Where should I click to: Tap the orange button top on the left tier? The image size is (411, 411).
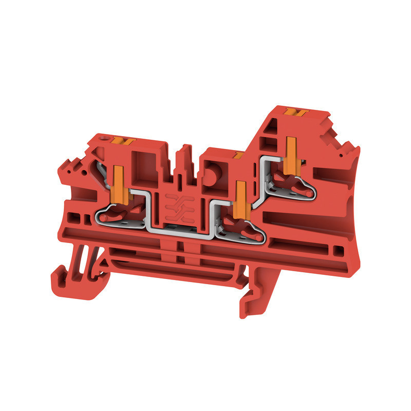click(x=123, y=141)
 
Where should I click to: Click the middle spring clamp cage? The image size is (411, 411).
click(x=241, y=226)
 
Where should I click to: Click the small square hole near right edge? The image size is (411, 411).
click(x=338, y=251)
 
